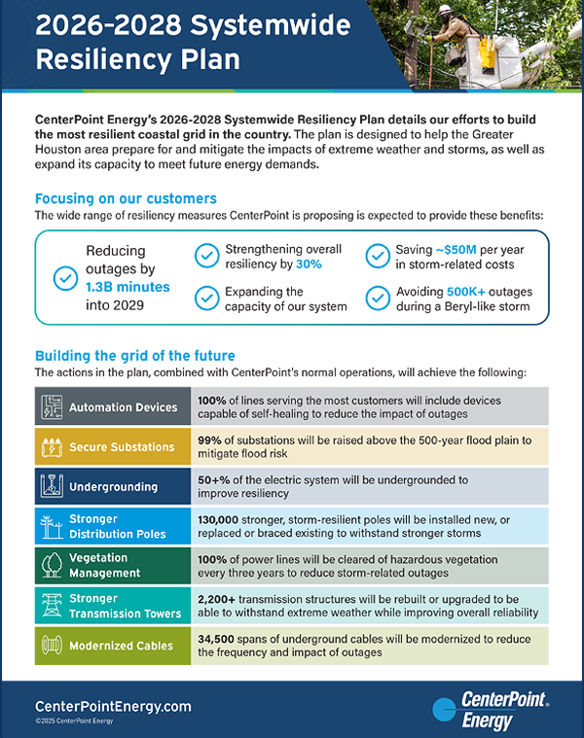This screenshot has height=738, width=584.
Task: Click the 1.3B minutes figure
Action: coord(127,287)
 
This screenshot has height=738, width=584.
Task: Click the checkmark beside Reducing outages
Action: coord(65,278)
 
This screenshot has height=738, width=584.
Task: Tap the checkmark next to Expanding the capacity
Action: coord(206,299)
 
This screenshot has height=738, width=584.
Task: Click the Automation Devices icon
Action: coord(51,406)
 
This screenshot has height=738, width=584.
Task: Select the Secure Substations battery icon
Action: coord(51,447)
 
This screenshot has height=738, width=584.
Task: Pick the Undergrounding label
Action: coord(113,486)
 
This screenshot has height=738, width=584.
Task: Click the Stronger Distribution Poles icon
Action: coord(51,526)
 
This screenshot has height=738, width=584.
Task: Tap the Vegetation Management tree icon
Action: coord(51,566)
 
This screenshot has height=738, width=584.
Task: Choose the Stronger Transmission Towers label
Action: coord(126,606)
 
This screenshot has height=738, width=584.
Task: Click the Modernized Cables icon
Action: coord(51,646)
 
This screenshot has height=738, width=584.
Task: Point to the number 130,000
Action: coord(224,520)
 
